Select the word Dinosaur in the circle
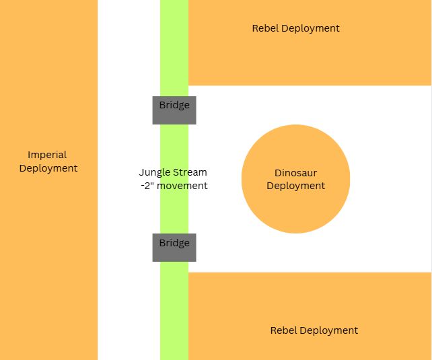(295, 174)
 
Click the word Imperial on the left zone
(47, 155)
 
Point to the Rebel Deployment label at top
(295, 28)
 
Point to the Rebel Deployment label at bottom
(314, 330)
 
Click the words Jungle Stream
(173, 172)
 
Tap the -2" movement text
(173, 186)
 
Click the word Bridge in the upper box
(174, 105)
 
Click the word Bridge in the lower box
(174, 243)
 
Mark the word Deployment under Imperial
(48, 168)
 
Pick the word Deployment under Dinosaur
(295, 186)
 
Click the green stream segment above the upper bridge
(174, 47)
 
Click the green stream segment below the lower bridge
(174, 310)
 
